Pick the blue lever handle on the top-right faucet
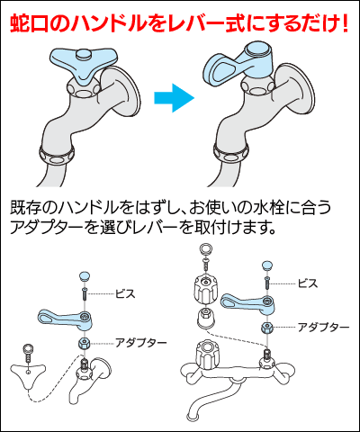click(236, 67)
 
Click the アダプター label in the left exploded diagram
click(140, 343)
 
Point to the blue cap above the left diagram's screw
click(84, 275)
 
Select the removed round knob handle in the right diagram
click(204, 287)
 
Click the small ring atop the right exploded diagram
click(204, 249)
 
